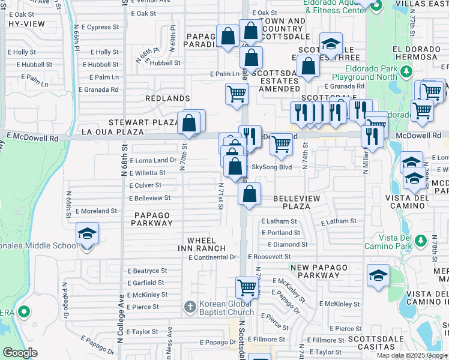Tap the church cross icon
(190, 308)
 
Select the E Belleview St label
(149, 197)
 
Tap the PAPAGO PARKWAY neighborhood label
(153, 219)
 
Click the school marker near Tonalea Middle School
(87, 233)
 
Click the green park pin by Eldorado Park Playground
(406, 72)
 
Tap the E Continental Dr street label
(212, 257)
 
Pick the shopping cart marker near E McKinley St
(247, 287)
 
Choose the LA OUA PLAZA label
(112, 131)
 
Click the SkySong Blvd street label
(271, 167)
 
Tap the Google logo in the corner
(20, 353)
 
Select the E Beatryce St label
(146, 271)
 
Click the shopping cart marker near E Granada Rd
(237, 94)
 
